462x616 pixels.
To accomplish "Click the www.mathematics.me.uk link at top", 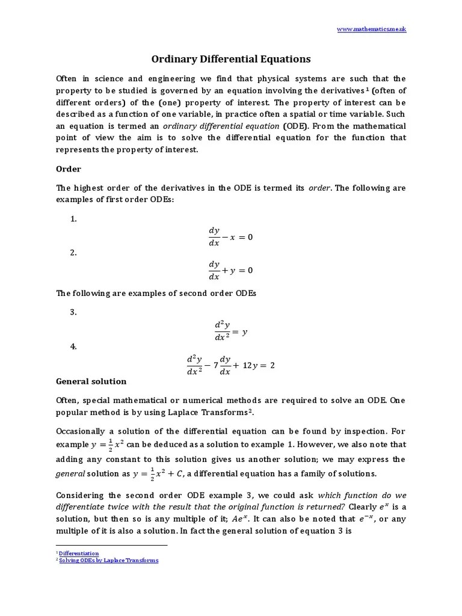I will pyautogui.click(x=371, y=29).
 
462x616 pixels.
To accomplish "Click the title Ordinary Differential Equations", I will pyautogui.click(x=230, y=59).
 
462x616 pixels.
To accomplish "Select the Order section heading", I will pyautogui.click(x=69, y=169).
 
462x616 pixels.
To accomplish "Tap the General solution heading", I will pyautogui.click(x=91, y=381).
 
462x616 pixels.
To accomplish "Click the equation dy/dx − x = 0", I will pyautogui.click(x=230, y=237).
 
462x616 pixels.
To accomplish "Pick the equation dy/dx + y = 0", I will pyautogui.click(x=230, y=271).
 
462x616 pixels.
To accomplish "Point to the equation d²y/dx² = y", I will pyautogui.click(x=231, y=331).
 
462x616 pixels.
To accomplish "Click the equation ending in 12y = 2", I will pyautogui.click(x=230, y=365).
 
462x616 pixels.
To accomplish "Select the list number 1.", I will pyautogui.click(x=73, y=219).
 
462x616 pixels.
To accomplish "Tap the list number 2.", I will pyautogui.click(x=73, y=253).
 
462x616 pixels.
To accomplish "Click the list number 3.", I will pyautogui.click(x=73, y=312).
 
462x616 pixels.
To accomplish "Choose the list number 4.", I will pyautogui.click(x=73, y=346).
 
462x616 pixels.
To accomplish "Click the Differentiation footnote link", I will pyautogui.click(x=79, y=553).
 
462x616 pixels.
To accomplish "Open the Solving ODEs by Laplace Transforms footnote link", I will pyautogui.click(x=108, y=560).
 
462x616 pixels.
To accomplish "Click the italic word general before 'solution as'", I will pyautogui.click(x=70, y=474).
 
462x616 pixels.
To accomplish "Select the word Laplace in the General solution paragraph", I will pyautogui.click(x=189, y=413).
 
